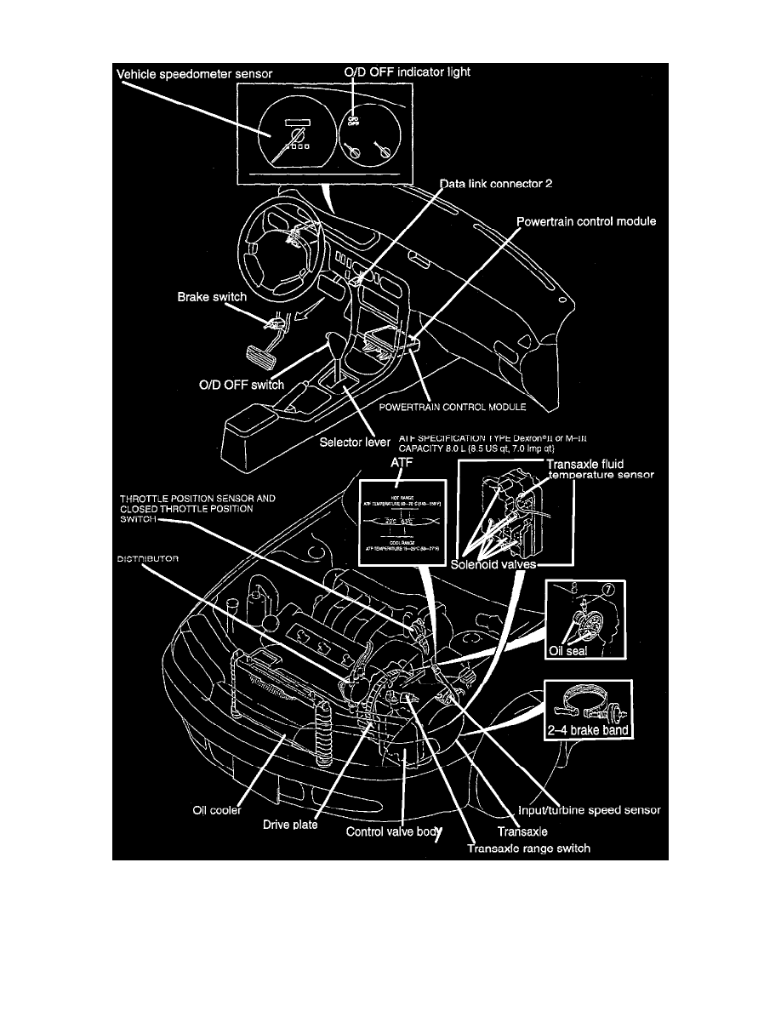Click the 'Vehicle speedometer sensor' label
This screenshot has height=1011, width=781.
point(194,74)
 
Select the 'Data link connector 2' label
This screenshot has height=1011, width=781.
point(496,184)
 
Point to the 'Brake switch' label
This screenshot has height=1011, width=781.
point(212,298)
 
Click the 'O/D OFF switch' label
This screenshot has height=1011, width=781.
point(236,385)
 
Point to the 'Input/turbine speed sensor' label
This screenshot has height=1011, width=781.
point(589,811)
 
